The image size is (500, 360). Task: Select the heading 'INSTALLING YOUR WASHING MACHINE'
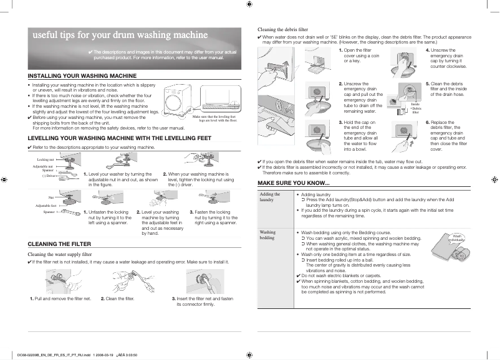pos(82,75)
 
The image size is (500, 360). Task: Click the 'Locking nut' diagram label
pos(46,160)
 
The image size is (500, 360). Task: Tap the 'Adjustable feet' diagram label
pos(46,205)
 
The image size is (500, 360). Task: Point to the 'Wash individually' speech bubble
pos(458,238)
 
